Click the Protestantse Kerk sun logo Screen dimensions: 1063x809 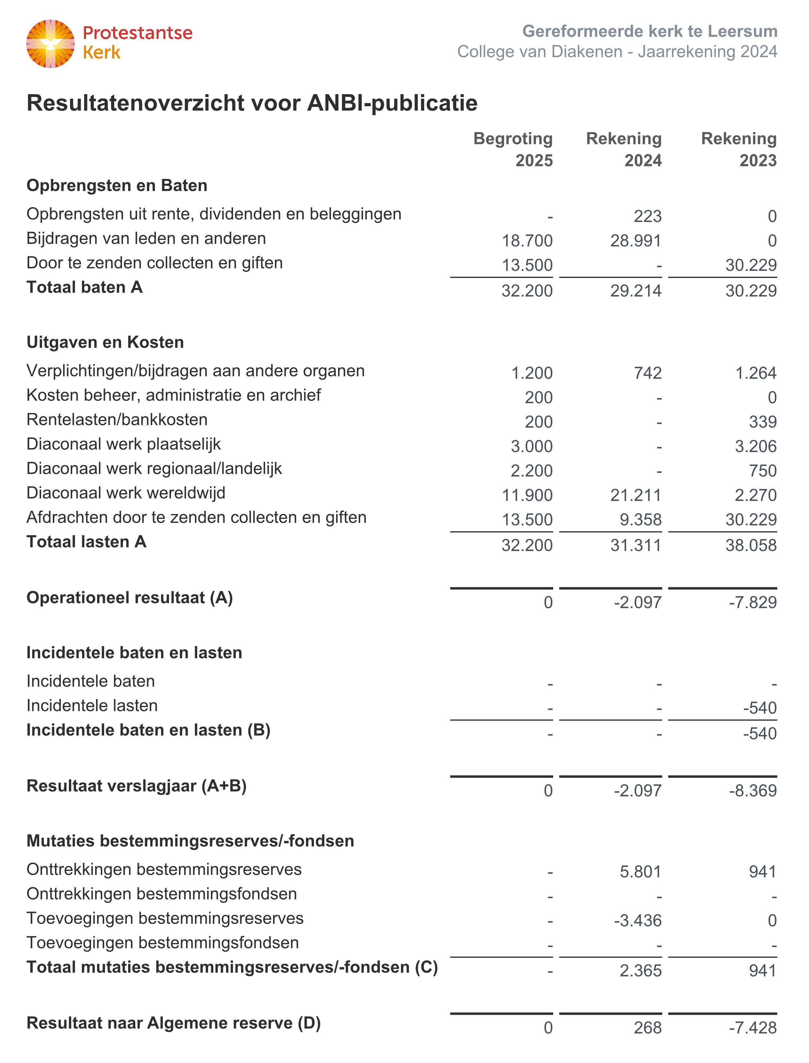pos(50,44)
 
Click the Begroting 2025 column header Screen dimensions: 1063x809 pos(513,149)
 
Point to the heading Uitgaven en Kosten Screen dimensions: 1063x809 pos(105,342)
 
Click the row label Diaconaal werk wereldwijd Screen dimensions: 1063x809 pos(126,493)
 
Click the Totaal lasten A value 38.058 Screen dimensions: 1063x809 pos(751,546)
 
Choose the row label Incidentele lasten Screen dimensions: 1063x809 pos(92,706)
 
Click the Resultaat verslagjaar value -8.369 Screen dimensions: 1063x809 pos(753,791)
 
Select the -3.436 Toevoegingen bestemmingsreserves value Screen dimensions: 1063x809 pos(637,921)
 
